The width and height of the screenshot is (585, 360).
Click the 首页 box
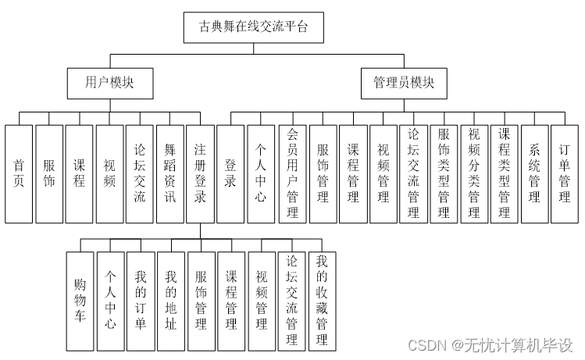pyautogui.click(x=19, y=173)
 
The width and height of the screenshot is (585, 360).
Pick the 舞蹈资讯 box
pyautogui.click(x=170, y=173)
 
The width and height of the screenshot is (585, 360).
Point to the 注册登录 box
pyautogui.click(x=201, y=173)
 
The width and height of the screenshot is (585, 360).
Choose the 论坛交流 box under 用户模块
pyautogui.click(x=140, y=173)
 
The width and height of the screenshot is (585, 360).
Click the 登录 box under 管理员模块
pyautogui.click(x=231, y=173)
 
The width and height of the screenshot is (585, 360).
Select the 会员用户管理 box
pyautogui.click(x=292, y=173)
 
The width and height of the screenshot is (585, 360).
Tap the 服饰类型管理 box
pyautogui.click(x=444, y=173)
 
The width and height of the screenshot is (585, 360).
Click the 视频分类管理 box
pyautogui.click(x=474, y=173)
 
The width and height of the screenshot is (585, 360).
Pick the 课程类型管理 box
pyautogui.click(x=505, y=173)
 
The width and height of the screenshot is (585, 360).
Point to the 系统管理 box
pyautogui.click(x=535, y=173)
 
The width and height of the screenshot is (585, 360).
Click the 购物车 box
pyautogui.click(x=80, y=299)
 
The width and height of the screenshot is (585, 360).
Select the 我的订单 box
pyautogui.click(x=141, y=299)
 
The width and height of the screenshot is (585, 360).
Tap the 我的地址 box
pyautogui.click(x=171, y=299)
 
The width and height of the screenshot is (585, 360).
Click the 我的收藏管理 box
pyautogui.click(x=322, y=299)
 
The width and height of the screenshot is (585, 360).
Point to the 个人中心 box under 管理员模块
pyautogui.click(x=262, y=173)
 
